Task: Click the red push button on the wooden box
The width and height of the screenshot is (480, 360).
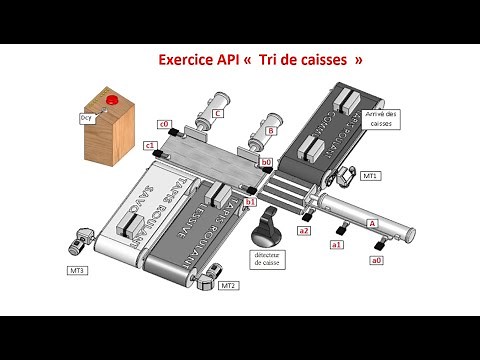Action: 112,99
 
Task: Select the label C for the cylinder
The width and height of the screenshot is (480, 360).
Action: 217,114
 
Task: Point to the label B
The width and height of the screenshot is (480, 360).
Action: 271,129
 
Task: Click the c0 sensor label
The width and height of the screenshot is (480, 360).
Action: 162,123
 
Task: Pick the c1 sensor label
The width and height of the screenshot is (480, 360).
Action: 150,145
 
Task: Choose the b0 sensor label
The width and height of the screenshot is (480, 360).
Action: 265,160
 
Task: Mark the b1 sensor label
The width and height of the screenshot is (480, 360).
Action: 250,201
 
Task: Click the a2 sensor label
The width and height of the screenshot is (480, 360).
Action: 304,231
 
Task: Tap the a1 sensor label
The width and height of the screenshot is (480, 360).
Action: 336,244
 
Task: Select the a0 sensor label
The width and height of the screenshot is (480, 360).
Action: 376,260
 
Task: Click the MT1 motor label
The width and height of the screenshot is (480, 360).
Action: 370,176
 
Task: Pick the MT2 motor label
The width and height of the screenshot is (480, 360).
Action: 229,286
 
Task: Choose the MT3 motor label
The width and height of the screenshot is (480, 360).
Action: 76,270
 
